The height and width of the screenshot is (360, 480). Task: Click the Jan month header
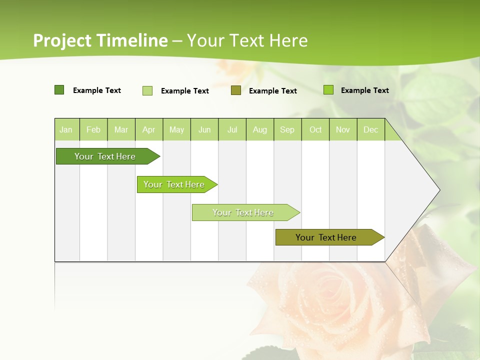click(x=66, y=129)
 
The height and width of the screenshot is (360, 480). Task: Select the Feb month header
click(x=93, y=129)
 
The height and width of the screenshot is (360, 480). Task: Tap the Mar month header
click(x=121, y=129)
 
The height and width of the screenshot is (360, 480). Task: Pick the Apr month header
click(x=149, y=129)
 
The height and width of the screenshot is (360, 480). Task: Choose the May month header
click(x=176, y=129)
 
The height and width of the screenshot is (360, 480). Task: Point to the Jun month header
click(x=204, y=129)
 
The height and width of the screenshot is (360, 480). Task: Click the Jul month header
click(x=232, y=129)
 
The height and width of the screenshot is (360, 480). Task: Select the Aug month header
click(x=260, y=129)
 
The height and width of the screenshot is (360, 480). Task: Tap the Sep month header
click(x=287, y=129)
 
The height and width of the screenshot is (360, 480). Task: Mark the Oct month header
click(x=315, y=129)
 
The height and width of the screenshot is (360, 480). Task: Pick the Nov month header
click(x=343, y=129)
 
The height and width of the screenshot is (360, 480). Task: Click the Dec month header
click(x=371, y=129)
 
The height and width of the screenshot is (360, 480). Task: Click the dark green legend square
click(x=59, y=90)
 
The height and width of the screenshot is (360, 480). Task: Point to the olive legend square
click(x=236, y=90)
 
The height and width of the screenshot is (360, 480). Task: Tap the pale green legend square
click(x=147, y=90)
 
